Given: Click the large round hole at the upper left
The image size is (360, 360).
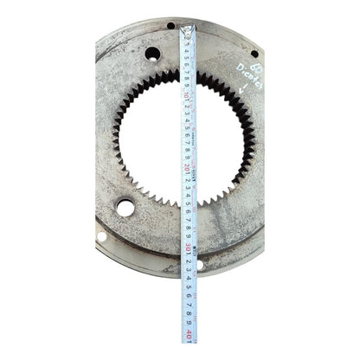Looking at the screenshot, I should coord(152,54).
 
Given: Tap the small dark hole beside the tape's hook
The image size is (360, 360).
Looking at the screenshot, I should coord(170,26).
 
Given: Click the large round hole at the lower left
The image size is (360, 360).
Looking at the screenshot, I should coord(125,208).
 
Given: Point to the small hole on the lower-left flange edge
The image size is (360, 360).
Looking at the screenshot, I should coord(101,236).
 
